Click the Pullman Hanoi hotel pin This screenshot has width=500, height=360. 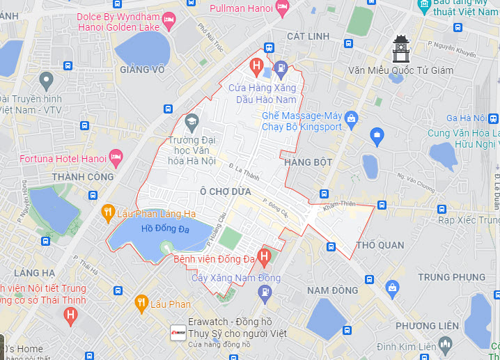pyautogui.click(x=282, y=8)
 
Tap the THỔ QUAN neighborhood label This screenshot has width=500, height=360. pyautogui.click(x=380, y=245)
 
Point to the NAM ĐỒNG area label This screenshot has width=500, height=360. pyautogui.click(x=333, y=290)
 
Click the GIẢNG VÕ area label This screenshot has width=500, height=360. pyautogui.click(x=142, y=70)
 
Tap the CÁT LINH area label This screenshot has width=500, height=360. pyautogui.click(x=308, y=35)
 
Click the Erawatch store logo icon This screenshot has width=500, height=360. pyautogui.click(x=178, y=331)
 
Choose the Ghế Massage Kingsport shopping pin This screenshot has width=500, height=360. pyautogui.click(x=352, y=118)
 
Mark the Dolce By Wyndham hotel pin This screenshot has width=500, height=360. pyautogui.click(x=168, y=20)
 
